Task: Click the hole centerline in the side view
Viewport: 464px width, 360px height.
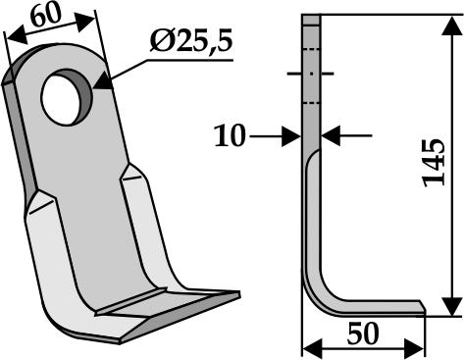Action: [311, 74]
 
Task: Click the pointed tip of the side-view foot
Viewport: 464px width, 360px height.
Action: [423, 314]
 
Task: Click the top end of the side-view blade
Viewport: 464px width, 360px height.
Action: [312, 17]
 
